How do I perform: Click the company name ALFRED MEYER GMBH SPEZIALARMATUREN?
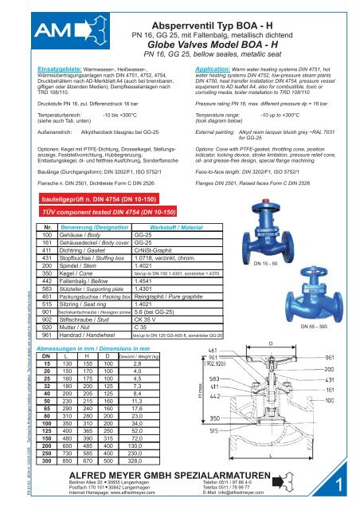[x=158, y=474]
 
